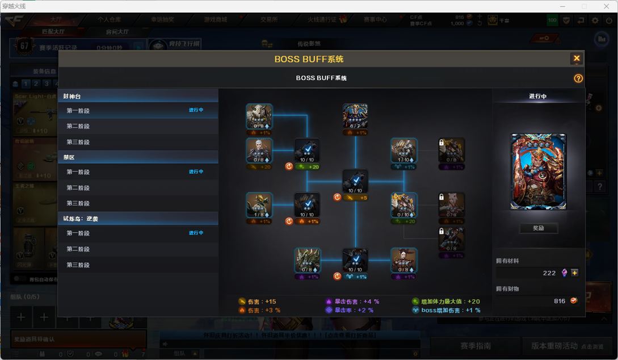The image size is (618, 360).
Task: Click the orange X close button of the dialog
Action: (577, 58)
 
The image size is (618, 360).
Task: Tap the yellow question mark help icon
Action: (578, 78)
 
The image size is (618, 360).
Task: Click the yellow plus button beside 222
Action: (575, 273)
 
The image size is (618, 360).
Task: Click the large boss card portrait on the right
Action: (538, 171)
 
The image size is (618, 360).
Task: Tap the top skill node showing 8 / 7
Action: (355, 116)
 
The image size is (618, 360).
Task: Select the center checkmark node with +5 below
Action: (355, 182)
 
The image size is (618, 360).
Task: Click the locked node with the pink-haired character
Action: (452, 205)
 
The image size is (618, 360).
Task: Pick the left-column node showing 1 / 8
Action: (259, 205)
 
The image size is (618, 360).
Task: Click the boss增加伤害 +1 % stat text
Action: (451, 311)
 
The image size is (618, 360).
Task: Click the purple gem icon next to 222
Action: (564, 273)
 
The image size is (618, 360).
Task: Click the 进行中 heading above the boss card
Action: (537, 97)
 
